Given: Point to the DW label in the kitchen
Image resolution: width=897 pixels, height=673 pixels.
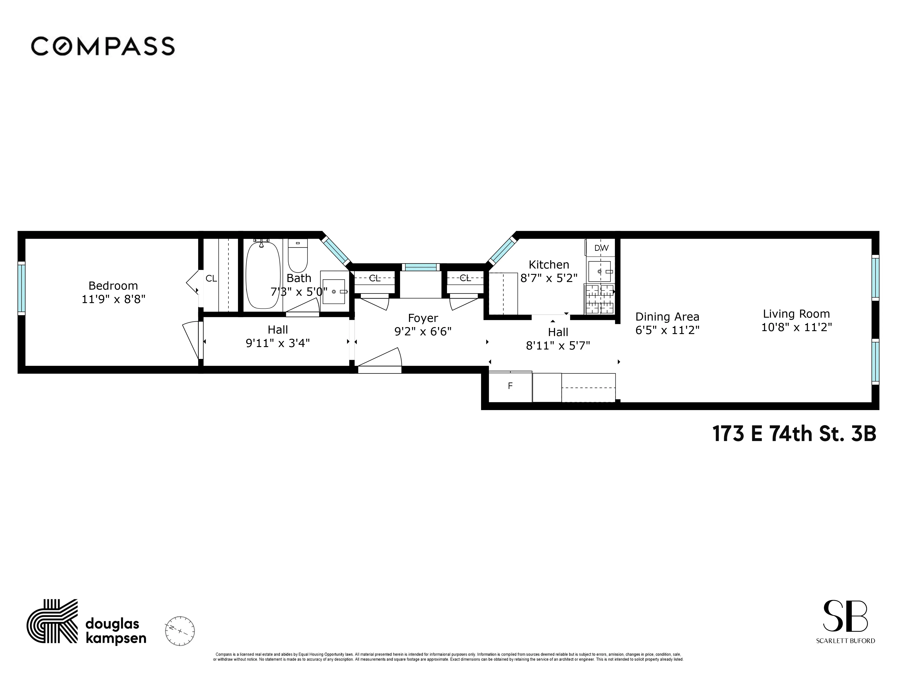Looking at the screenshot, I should [601, 248].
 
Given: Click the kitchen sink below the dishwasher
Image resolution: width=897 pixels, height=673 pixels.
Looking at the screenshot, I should [599, 271].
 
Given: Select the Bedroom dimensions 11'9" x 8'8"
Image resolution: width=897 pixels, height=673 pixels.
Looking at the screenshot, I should [113, 299].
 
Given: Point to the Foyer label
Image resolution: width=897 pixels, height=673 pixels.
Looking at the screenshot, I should [423, 318].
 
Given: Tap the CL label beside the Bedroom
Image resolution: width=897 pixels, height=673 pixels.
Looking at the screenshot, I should [211, 279].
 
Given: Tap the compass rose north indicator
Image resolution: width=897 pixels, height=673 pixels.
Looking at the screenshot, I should [180, 631].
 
